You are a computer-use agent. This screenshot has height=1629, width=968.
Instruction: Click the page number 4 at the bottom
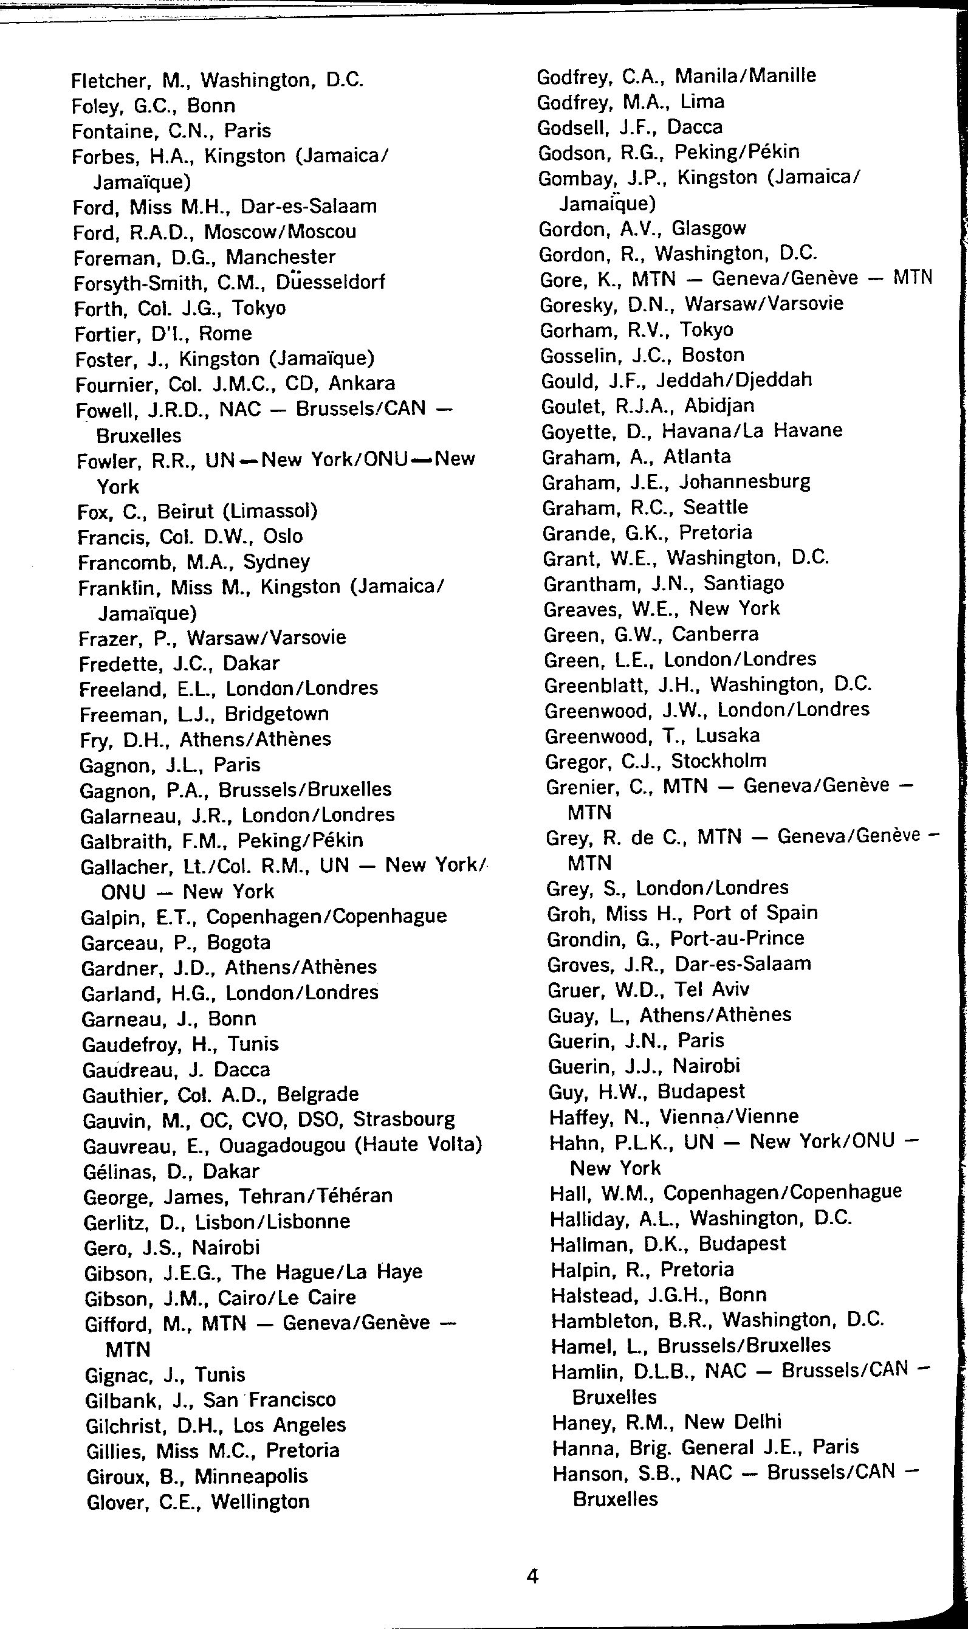(x=532, y=1576)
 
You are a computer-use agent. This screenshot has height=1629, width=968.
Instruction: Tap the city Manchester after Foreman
(x=281, y=257)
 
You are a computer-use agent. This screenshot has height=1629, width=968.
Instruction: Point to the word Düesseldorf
(x=330, y=283)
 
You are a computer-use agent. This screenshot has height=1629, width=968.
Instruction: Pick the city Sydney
(x=276, y=562)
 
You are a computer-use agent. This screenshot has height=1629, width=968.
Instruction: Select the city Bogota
(x=238, y=943)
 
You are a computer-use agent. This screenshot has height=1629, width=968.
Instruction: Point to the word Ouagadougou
(x=282, y=1146)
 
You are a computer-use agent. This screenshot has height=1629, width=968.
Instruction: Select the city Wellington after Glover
(x=260, y=1503)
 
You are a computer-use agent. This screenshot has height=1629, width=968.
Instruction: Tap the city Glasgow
(x=709, y=229)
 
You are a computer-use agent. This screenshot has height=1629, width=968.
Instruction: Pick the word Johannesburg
(x=745, y=482)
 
